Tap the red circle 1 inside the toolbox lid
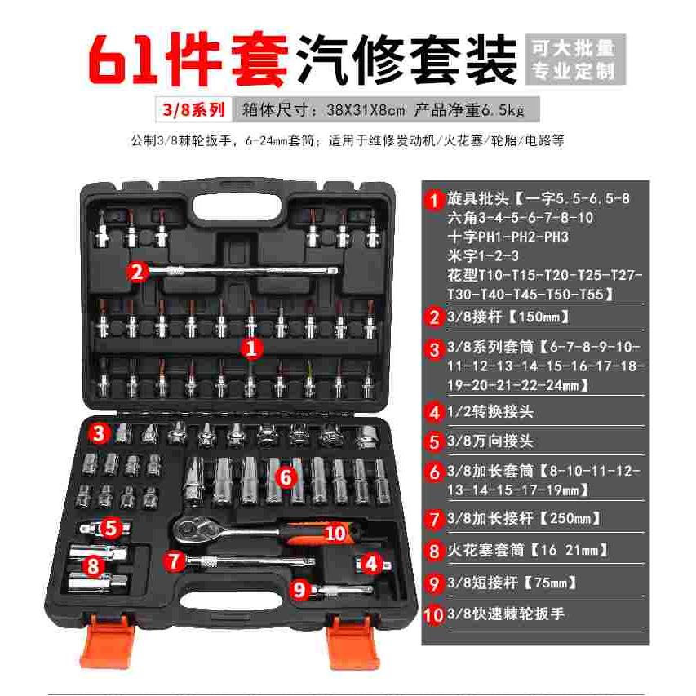coord(252,348)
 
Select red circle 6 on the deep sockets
coord(285,475)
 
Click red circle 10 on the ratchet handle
coord(335,533)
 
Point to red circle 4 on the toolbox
coord(370,562)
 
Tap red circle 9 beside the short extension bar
coord(299,587)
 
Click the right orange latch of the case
coord(353,641)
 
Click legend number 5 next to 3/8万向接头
coord(433,441)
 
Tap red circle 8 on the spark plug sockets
coord(95,565)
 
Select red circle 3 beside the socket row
coord(100,432)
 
